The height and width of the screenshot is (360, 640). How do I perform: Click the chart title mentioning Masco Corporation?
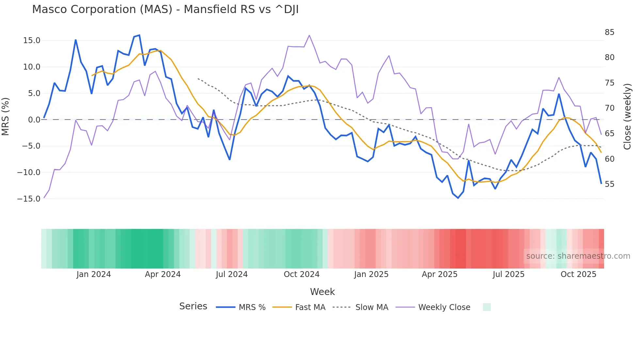coord(165,9)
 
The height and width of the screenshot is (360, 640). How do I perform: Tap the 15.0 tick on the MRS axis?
coord(32,41)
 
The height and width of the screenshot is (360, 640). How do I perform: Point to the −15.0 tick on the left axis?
coord(29,199)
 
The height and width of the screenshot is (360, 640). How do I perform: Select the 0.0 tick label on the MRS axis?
coord(34,120)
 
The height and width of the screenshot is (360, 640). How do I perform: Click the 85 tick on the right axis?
coord(609,32)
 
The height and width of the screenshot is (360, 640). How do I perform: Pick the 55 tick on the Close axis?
coord(609,184)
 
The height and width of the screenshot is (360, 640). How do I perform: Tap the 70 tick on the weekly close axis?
coord(609,108)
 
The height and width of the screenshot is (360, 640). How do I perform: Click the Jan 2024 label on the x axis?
coord(94,274)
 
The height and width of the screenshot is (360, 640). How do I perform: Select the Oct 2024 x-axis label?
coord(301,274)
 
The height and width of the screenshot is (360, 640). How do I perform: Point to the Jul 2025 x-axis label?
coord(508,274)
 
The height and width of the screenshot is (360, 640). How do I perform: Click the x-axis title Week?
coord(322,292)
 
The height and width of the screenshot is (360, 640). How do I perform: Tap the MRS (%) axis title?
coord(6,116)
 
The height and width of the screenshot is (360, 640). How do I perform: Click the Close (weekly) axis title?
coord(627,116)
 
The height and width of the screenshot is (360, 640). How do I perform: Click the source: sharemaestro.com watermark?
coord(578,256)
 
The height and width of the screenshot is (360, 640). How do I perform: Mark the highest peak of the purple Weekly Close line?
coord(309,35)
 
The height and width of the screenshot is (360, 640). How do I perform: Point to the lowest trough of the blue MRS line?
coord(458,198)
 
